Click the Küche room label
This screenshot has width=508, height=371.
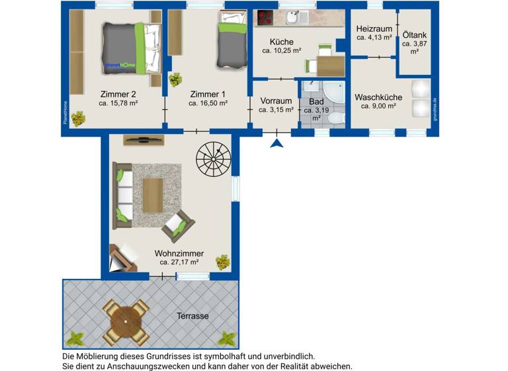282,42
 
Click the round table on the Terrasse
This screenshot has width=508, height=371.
125,321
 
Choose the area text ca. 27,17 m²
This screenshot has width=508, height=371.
179,262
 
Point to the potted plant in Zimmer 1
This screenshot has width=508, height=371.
175,79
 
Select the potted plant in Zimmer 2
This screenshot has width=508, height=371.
79,119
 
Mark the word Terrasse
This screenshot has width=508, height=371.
192,316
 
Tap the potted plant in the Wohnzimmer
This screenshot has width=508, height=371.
224,262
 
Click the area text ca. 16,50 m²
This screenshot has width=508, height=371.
208,103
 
